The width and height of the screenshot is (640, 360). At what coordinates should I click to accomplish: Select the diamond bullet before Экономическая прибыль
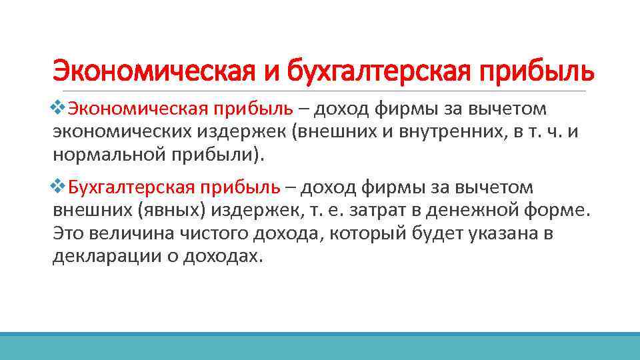(58, 108)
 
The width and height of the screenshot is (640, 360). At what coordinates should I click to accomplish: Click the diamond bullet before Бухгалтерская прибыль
(58, 187)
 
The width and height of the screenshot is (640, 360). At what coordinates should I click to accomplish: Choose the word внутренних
(450, 132)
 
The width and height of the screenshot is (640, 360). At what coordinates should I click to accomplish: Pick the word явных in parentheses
(171, 210)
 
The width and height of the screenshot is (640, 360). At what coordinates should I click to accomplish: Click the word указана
(503, 234)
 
